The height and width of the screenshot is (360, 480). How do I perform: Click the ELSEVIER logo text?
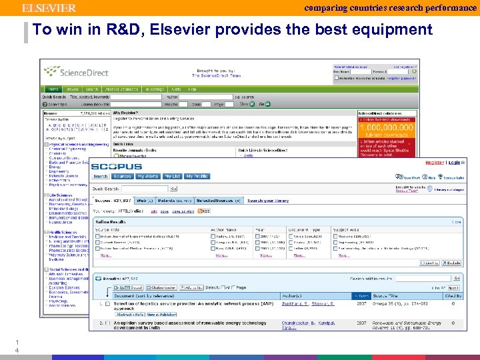click(x=49, y=8)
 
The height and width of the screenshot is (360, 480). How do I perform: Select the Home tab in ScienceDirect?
click(x=51, y=89)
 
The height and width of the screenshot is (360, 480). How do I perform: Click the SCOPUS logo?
click(x=117, y=166)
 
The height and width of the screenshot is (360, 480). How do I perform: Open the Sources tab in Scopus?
click(x=123, y=177)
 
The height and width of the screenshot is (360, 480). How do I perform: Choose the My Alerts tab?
click(x=147, y=177)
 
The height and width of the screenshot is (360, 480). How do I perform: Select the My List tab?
click(x=173, y=177)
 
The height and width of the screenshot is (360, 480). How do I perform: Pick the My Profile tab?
click(x=197, y=177)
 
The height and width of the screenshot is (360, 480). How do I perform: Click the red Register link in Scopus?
click(x=435, y=162)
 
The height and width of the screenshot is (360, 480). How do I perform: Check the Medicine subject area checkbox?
click(x=336, y=237)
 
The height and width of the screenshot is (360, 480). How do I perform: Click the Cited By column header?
click(x=454, y=295)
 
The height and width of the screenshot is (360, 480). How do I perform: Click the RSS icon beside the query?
click(x=205, y=211)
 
